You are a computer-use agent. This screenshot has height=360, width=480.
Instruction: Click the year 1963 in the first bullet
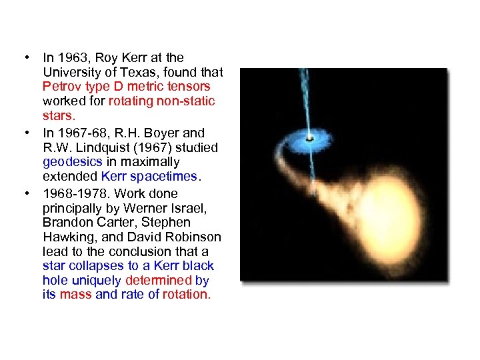[71, 58]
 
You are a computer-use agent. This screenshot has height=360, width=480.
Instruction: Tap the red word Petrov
[61, 87]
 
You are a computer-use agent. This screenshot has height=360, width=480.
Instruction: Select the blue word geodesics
[69, 162]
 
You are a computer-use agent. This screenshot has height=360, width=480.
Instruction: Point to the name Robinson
[195, 237]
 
